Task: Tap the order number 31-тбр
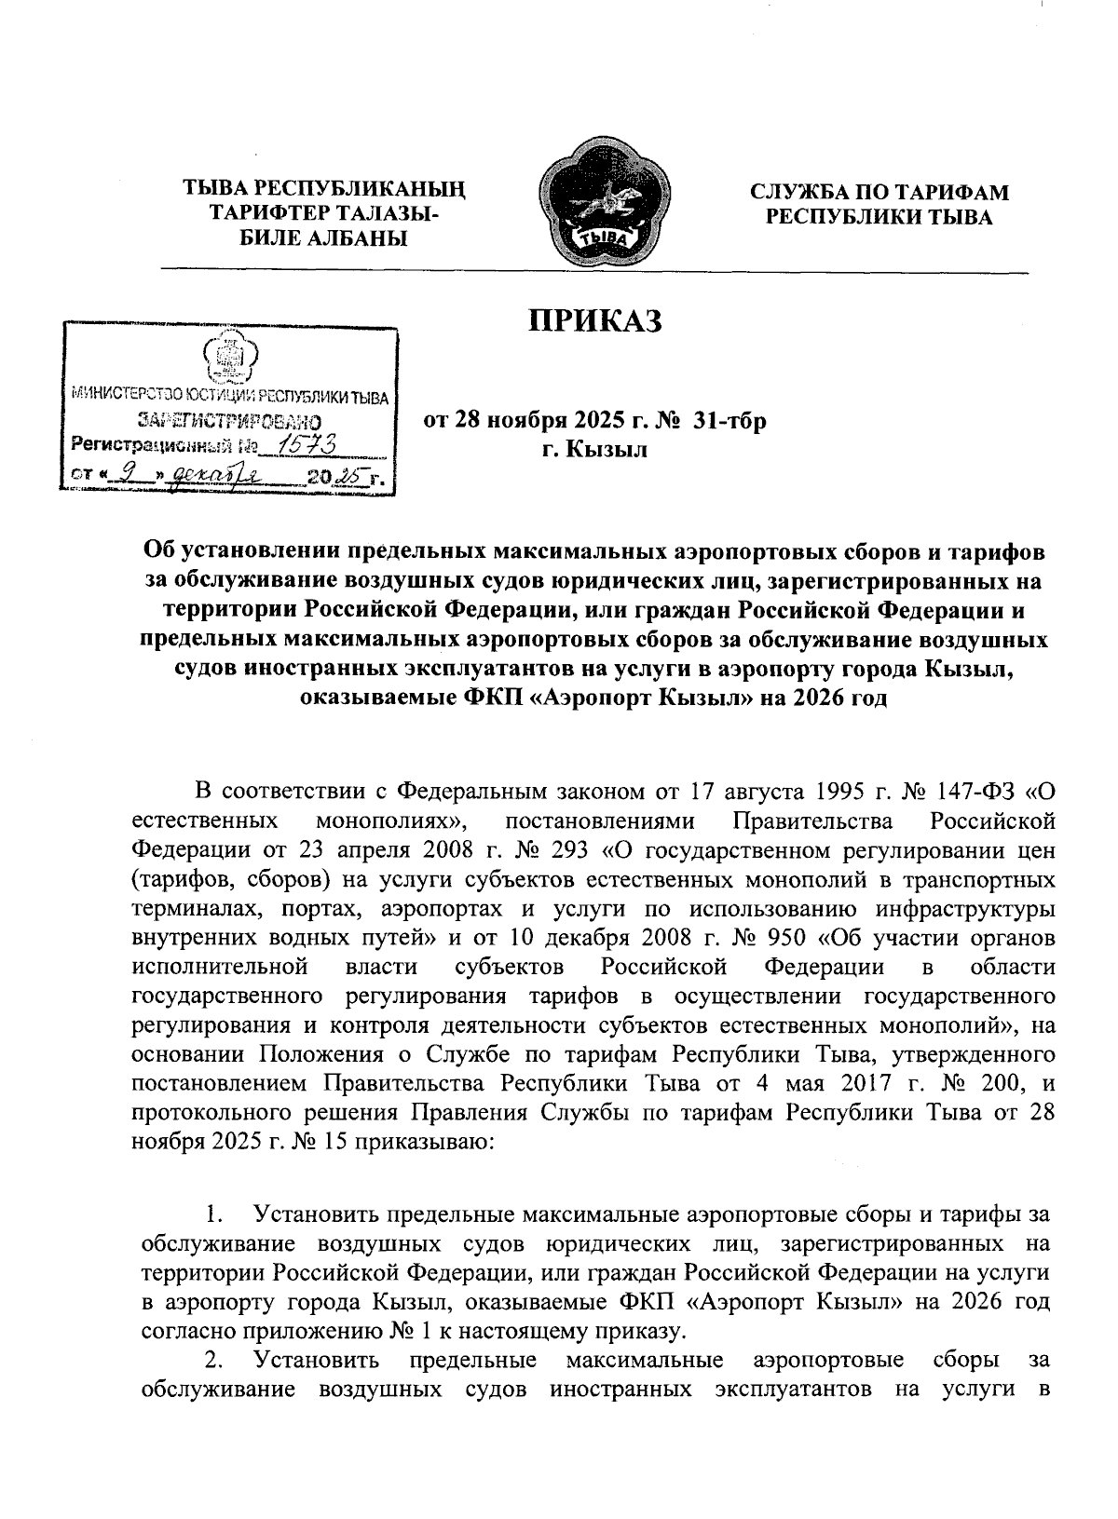(734, 422)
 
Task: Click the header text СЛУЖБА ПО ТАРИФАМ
(880, 192)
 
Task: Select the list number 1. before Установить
(215, 1215)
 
